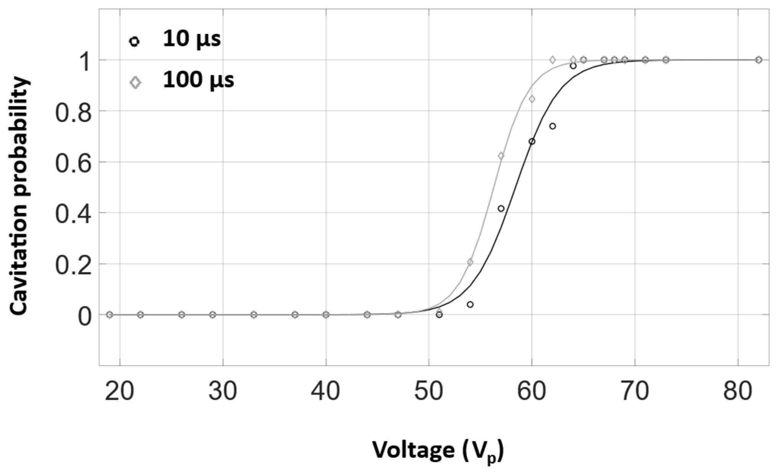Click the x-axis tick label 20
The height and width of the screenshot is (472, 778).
[x=119, y=391]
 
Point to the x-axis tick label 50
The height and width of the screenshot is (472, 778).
[x=428, y=391]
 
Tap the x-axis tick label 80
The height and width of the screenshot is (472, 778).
[x=738, y=391]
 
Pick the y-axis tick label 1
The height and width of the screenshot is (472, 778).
[x=85, y=60]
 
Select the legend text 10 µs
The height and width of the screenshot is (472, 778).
[x=192, y=39]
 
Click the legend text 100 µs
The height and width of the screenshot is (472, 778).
[x=198, y=80]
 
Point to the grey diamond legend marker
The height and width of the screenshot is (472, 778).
[x=135, y=82]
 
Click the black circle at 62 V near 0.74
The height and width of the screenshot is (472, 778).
[x=552, y=126]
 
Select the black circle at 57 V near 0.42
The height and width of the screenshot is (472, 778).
[x=501, y=208]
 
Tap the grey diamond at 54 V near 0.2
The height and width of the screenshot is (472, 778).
[x=470, y=262]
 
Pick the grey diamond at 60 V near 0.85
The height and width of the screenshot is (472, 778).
[x=532, y=99]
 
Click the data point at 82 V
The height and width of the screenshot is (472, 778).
[x=758, y=60]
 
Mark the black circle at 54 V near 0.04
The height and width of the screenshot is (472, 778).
[x=470, y=305]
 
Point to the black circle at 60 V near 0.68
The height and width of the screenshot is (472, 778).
[x=532, y=141]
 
